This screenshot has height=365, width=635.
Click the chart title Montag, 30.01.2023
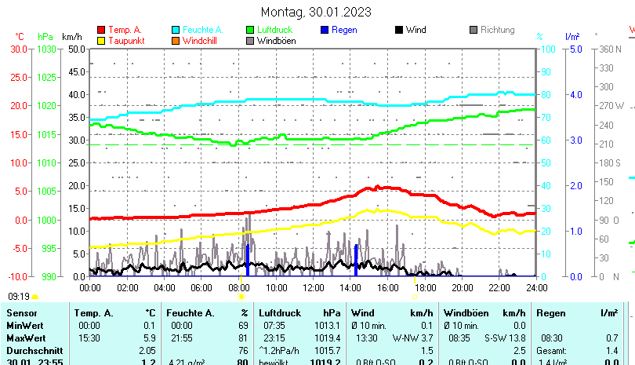tap(317, 12)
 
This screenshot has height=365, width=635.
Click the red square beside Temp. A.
tap(100, 31)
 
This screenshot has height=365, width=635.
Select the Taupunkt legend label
tap(123, 41)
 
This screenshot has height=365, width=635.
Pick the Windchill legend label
tap(201, 41)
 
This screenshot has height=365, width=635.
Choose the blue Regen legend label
tap(344, 30)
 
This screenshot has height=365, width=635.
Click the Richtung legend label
tap(497, 30)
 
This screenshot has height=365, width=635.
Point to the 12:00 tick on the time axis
tap(313, 287)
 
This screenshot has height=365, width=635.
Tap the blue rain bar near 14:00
tap(356, 260)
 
